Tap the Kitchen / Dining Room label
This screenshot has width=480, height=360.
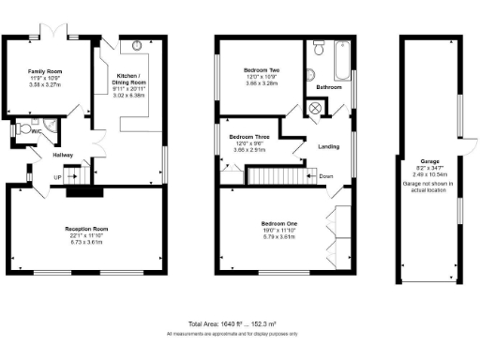129,76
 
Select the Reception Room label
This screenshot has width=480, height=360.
87,229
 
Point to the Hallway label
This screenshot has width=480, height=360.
63,155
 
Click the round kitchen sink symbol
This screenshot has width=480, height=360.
138,45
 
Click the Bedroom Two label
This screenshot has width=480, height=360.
262,70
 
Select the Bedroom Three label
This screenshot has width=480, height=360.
249,136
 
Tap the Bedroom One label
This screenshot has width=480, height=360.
279,223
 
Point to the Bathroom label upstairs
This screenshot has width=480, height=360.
328,87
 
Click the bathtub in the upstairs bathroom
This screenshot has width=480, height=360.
341,61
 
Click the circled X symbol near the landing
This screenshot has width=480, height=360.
315,107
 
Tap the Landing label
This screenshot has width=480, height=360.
328,145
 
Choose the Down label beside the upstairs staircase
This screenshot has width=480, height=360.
325,175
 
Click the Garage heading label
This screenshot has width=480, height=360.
430,160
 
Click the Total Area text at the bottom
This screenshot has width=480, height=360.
240,322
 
